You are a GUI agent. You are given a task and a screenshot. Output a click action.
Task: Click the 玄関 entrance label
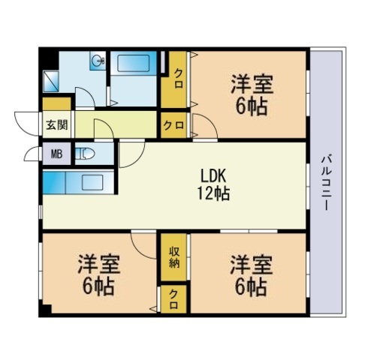click(57, 124)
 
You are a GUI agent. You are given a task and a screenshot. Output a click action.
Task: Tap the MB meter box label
click(56, 154)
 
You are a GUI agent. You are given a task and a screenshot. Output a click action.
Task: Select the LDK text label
click(213, 175)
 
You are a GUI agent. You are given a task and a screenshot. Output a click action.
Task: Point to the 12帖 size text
click(213, 193)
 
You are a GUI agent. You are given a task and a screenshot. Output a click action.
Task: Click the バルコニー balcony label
click(327, 183)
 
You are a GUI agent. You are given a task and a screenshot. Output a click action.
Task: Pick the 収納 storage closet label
click(173, 257)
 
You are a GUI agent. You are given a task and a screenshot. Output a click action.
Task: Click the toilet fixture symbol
click(85, 154)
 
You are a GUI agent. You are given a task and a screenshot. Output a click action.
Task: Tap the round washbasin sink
click(98, 60)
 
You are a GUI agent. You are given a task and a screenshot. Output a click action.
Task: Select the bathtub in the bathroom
click(134, 63)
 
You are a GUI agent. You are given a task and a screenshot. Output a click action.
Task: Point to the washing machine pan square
click(51, 81)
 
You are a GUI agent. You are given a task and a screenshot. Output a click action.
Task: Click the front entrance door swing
click(27, 124)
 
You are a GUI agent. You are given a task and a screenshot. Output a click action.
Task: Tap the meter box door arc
click(32, 154)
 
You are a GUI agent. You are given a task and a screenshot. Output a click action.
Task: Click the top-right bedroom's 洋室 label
click(252, 84)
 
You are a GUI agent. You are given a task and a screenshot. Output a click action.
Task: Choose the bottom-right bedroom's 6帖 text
click(251, 287)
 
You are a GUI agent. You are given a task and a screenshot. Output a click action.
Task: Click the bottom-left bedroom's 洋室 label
click(99, 264)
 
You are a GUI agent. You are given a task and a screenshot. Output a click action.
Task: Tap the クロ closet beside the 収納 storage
click(173, 299)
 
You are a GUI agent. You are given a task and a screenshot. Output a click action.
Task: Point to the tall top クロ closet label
click(179, 79)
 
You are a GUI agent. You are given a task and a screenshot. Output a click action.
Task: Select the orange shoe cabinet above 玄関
click(56, 104)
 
